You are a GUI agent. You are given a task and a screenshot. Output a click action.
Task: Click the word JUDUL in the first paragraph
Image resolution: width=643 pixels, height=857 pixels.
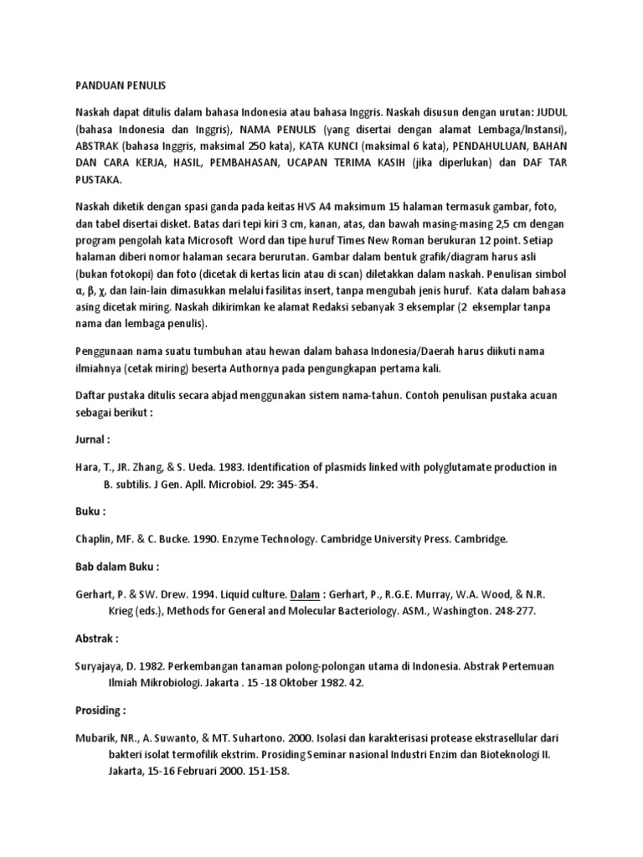pyautogui.click(x=549, y=111)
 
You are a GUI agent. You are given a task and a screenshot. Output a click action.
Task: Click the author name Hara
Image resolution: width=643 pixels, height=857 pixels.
pyautogui.click(x=88, y=466)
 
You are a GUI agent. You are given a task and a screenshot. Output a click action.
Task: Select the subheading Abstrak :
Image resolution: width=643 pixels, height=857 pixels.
pyautogui.click(x=96, y=639)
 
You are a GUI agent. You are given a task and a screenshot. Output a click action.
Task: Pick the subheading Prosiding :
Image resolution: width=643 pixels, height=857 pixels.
pyautogui.click(x=100, y=711)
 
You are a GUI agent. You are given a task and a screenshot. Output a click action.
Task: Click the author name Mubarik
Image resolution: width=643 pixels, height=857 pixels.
pyautogui.click(x=100, y=739)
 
